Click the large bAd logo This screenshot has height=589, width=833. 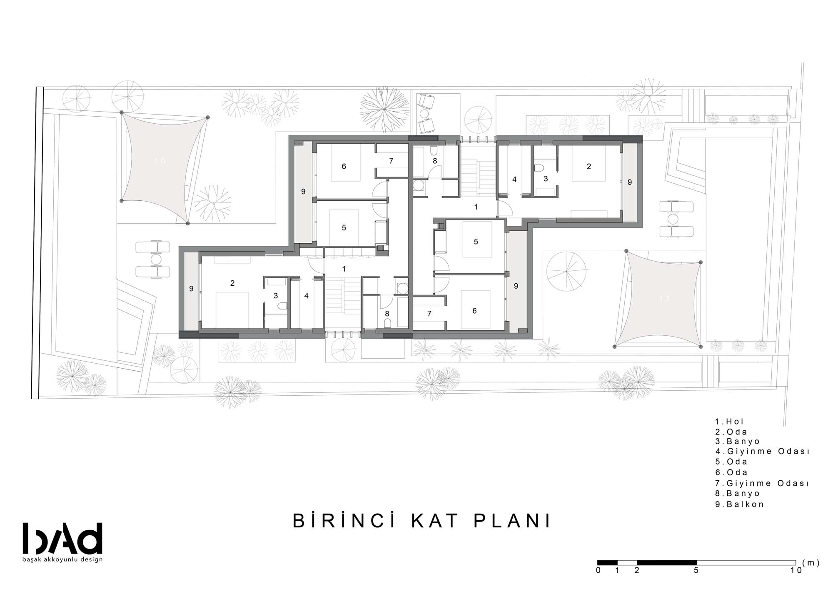pos(62,538)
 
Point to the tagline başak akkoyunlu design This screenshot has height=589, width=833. pos(62,559)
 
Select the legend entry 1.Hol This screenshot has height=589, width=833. pos(729,422)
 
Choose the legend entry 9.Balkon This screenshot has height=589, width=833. pos(740,504)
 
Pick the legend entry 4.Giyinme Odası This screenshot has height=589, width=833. pos(762,452)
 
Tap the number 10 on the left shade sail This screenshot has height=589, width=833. pos(160,161)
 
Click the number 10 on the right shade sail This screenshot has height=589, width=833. pos(664,298)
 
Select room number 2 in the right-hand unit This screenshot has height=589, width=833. pos(589,167)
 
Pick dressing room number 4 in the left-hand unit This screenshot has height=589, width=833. pos(307,296)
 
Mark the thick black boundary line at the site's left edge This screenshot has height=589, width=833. pos(37,243)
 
